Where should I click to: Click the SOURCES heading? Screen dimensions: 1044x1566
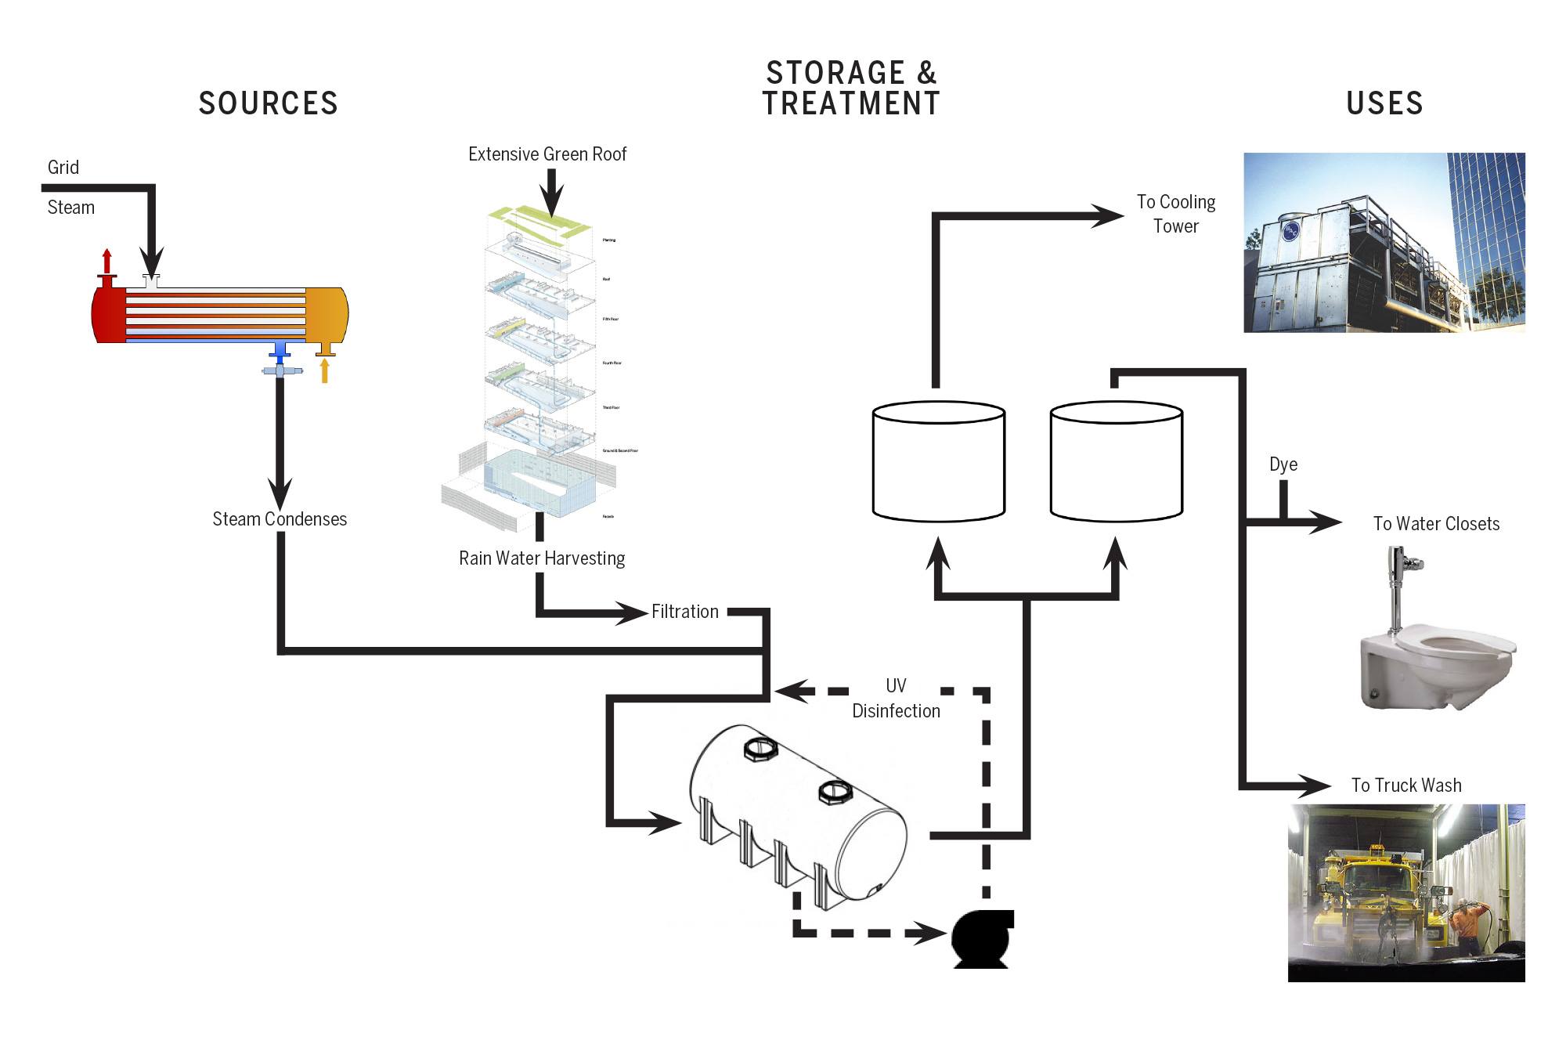[x=268, y=103]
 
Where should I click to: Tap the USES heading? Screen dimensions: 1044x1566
[x=1384, y=103]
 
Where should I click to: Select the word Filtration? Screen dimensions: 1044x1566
[x=684, y=612]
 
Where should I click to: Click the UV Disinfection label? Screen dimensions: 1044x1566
[x=896, y=699]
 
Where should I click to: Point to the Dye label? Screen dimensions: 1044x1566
[x=1283, y=464]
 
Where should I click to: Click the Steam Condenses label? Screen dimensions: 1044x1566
[x=280, y=519]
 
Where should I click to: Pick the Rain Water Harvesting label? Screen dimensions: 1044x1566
[x=542, y=558]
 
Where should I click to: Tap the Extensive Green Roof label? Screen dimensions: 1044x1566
[x=547, y=154]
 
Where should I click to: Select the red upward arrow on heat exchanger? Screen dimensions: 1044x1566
[x=107, y=262]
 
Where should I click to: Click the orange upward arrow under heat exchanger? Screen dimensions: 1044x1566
[x=324, y=370]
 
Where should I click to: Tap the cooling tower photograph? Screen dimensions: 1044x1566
[x=1384, y=243]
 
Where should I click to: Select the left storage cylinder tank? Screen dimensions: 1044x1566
[x=938, y=462]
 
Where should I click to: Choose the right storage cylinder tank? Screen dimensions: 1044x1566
[x=1116, y=462]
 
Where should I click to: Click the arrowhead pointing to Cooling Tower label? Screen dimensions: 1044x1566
[x=1110, y=215]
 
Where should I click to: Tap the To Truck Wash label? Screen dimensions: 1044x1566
[x=1406, y=786]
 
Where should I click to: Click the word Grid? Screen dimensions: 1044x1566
[x=63, y=168]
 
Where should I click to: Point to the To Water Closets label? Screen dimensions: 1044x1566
[x=1436, y=524]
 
